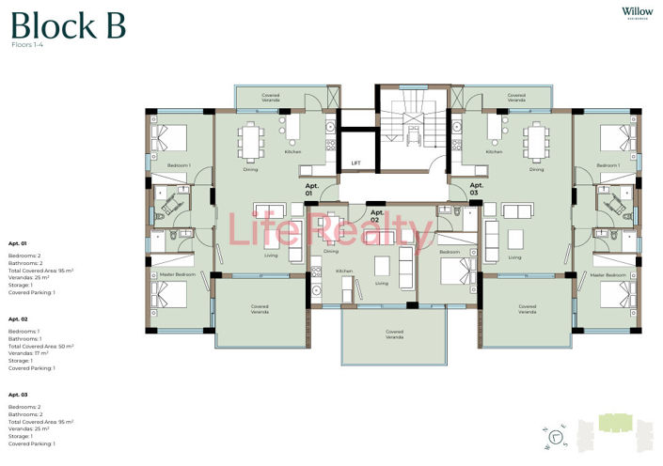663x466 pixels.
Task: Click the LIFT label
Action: point(355,163)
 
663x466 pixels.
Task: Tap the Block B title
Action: point(67,26)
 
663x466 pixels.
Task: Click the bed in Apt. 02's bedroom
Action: point(460,272)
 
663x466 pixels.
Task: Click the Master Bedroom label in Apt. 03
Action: point(608,274)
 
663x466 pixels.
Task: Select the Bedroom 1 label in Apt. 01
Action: point(179,165)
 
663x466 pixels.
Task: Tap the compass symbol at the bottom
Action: point(556,435)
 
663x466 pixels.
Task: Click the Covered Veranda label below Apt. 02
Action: point(394,334)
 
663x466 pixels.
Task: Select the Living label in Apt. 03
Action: point(514,257)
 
